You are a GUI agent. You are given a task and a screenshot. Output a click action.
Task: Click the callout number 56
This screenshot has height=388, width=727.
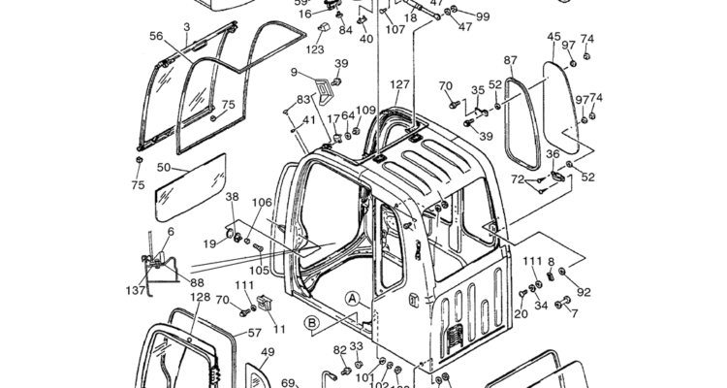tap(156, 36)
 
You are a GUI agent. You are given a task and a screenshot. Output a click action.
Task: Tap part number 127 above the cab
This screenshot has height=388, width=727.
tap(400, 84)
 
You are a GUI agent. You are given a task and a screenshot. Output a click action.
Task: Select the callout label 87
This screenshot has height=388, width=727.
tap(510, 60)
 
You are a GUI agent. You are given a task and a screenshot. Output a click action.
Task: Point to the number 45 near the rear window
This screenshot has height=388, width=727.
tap(553, 38)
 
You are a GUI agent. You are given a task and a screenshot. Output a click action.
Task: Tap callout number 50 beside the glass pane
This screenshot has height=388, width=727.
tap(164, 167)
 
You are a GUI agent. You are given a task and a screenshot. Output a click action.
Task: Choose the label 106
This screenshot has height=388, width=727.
tap(262, 203)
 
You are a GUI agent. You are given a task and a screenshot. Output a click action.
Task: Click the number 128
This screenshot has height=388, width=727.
tap(199, 298)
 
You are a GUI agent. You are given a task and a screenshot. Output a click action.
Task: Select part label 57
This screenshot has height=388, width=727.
tap(255, 333)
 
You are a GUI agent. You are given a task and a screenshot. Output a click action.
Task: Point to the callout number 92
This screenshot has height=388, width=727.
tap(584, 291)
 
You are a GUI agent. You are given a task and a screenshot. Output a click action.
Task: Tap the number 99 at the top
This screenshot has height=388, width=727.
tap(482, 17)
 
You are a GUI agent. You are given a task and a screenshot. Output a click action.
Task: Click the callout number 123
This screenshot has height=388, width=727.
tap(316, 48)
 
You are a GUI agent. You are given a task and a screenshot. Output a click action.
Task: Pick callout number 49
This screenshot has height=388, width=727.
tap(268, 353)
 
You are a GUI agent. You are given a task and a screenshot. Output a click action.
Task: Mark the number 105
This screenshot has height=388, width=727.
tap(258, 271)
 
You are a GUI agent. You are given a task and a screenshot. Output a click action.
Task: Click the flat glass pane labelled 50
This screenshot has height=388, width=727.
tap(192, 183)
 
